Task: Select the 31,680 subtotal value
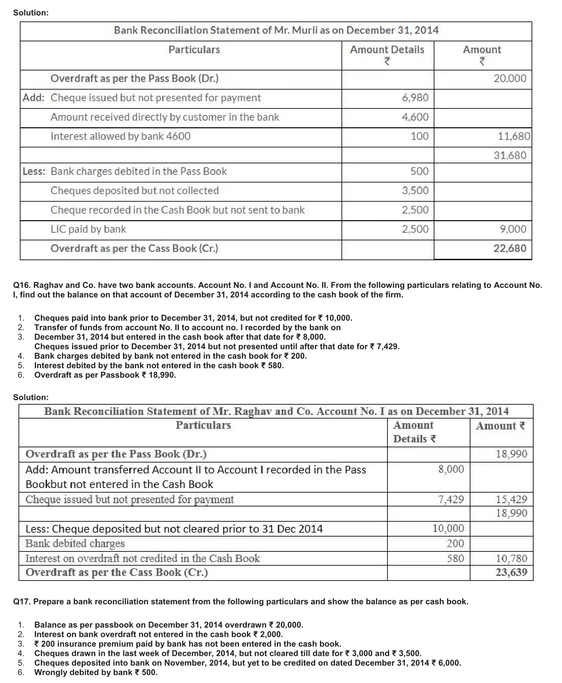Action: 510,155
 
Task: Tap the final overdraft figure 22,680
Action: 510,248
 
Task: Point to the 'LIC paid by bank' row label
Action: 88,229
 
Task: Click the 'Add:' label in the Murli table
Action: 34,98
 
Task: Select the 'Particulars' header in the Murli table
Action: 194,50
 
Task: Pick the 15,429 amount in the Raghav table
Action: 511,499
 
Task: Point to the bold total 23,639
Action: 511,572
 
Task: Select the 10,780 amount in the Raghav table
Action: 511,558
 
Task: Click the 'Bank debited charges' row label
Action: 75,543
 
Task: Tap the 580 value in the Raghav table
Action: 455,558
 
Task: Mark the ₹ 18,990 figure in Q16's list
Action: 159,375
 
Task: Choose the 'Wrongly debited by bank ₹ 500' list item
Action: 96,672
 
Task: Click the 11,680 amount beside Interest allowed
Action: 514,136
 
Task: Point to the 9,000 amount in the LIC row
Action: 513,229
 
